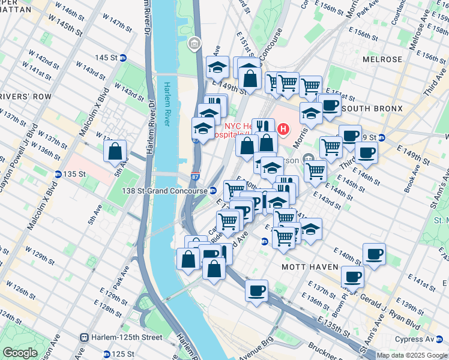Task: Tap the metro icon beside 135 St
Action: (58, 175)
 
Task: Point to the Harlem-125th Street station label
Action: (127, 337)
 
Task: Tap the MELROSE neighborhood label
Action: (382, 59)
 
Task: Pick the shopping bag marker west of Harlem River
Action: (114, 152)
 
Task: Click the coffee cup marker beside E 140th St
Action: (374, 254)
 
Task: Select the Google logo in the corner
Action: (20, 352)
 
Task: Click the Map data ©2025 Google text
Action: (412, 355)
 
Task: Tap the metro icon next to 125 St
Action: (106, 355)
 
